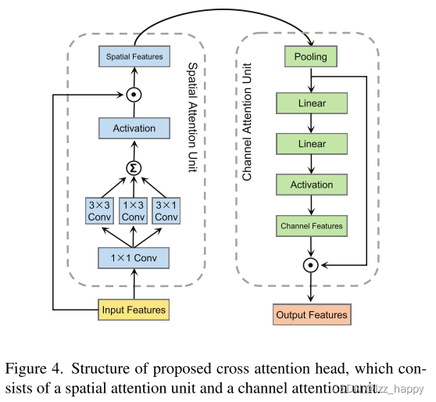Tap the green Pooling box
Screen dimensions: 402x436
pos(311,57)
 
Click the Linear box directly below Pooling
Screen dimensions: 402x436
pos(311,103)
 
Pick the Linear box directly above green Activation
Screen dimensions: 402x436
pos(311,145)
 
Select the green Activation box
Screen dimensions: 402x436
pos(311,185)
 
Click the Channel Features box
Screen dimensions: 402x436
pos(311,226)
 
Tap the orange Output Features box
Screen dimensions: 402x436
pos(311,314)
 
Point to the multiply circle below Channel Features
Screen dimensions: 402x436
pos(311,265)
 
